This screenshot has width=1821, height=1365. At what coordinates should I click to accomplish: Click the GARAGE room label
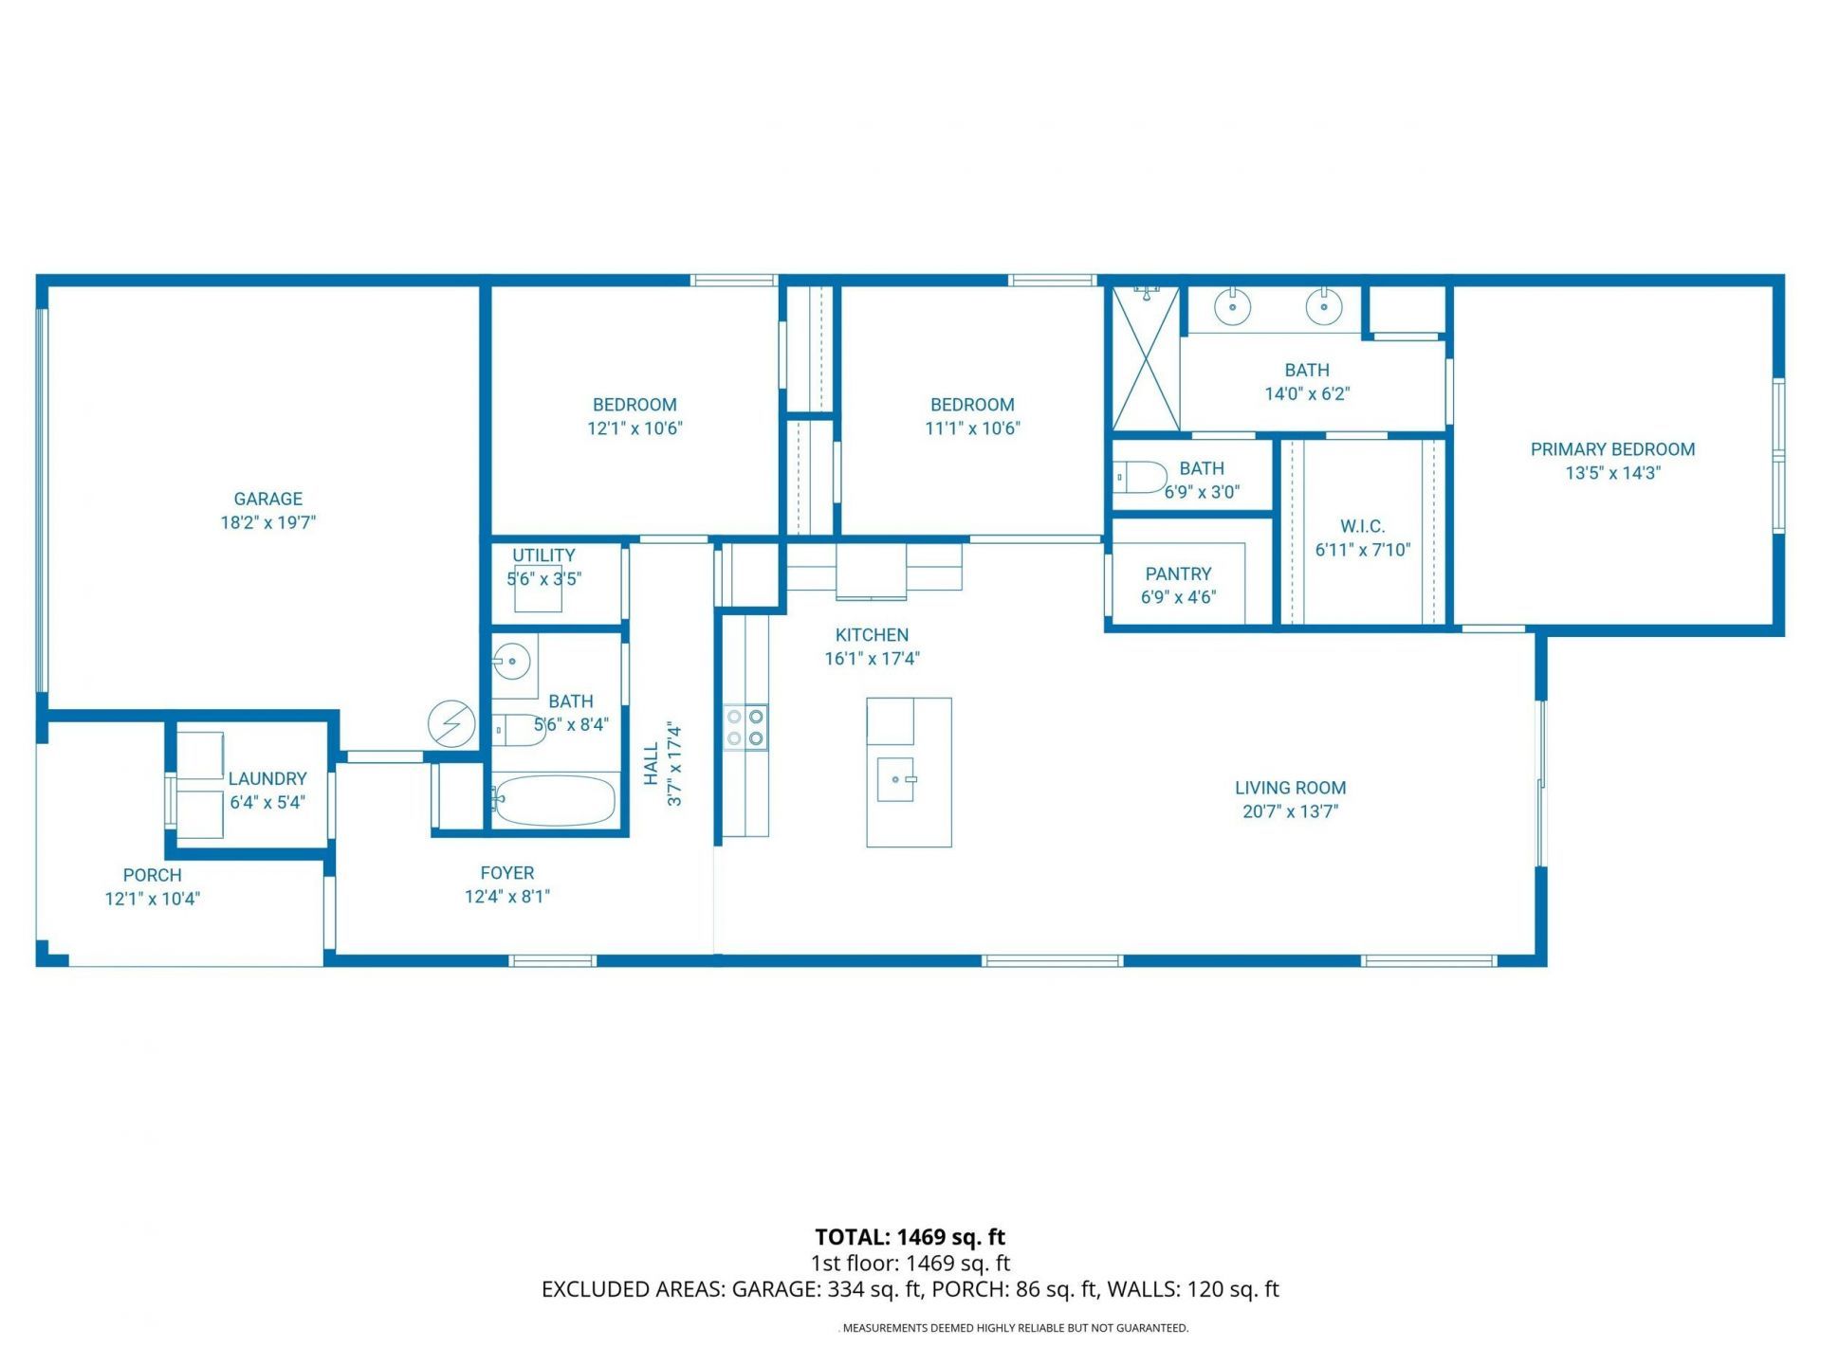(268, 499)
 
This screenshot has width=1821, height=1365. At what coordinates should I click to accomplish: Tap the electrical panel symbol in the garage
(451, 724)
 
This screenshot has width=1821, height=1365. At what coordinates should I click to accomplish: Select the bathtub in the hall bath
(555, 801)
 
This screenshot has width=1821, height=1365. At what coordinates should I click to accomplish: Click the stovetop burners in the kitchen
(745, 728)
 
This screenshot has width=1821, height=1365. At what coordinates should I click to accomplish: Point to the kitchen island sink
(895, 779)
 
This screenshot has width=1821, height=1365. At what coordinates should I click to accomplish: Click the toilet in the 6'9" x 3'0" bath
(1141, 479)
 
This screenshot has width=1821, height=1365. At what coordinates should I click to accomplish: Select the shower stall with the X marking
(1146, 358)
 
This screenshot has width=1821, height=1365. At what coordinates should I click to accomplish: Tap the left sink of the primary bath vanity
(1233, 306)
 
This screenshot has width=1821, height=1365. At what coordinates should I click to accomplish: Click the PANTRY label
(1178, 573)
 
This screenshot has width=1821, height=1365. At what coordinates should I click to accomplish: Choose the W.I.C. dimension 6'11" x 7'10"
(1363, 550)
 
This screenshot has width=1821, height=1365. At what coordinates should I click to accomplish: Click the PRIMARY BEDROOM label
(1612, 449)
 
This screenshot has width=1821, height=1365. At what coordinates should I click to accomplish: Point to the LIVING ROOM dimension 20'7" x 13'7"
(1290, 811)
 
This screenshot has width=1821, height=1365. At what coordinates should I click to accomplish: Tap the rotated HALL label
(652, 764)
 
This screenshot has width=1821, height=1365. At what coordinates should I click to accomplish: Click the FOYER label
(507, 873)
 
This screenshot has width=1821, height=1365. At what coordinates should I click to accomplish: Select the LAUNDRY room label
(267, 778)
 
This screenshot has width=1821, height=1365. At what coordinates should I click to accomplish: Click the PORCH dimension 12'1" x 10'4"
(153, 899)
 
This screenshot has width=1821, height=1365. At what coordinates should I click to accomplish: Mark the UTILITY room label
(543, 555)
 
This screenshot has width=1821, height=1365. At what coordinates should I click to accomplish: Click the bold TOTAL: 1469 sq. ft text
(910, 1237)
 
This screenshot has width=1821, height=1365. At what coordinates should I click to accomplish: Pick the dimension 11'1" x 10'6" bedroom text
(972, 428)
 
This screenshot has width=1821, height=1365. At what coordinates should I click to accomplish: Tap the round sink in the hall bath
(513, 661)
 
